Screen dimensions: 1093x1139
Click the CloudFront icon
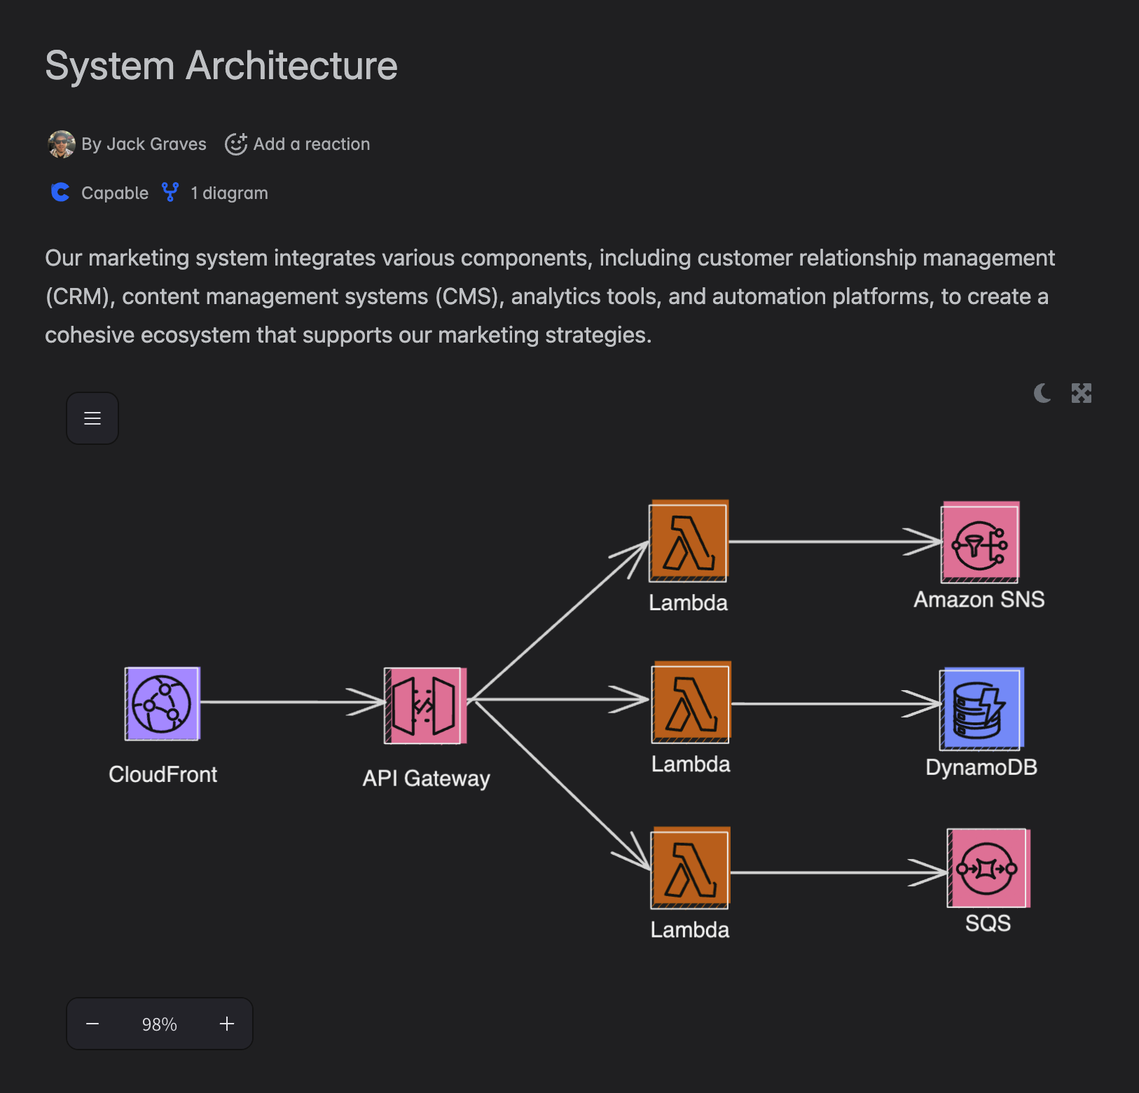[163, 703]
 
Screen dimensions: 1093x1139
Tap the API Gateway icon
[425, 706]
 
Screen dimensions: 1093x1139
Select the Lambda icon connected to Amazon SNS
[689, 542]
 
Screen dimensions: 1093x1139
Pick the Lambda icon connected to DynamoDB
[691, 703]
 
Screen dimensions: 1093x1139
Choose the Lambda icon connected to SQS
[691, 868]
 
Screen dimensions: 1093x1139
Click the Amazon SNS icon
[980, 542]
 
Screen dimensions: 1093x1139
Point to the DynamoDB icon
[981, 708]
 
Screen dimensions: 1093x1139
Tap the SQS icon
[988, 869]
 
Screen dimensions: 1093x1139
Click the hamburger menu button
[92, 418]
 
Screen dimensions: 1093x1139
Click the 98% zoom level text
[160, 1024]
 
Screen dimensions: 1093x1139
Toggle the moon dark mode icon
[1042, 393]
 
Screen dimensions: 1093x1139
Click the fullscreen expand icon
[1082, 393]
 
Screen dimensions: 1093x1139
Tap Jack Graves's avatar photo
[62, 144]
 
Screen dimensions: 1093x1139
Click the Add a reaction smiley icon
[236, 144]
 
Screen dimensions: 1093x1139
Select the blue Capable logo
[61, 193]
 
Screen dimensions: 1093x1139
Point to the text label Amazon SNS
[979, 600]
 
